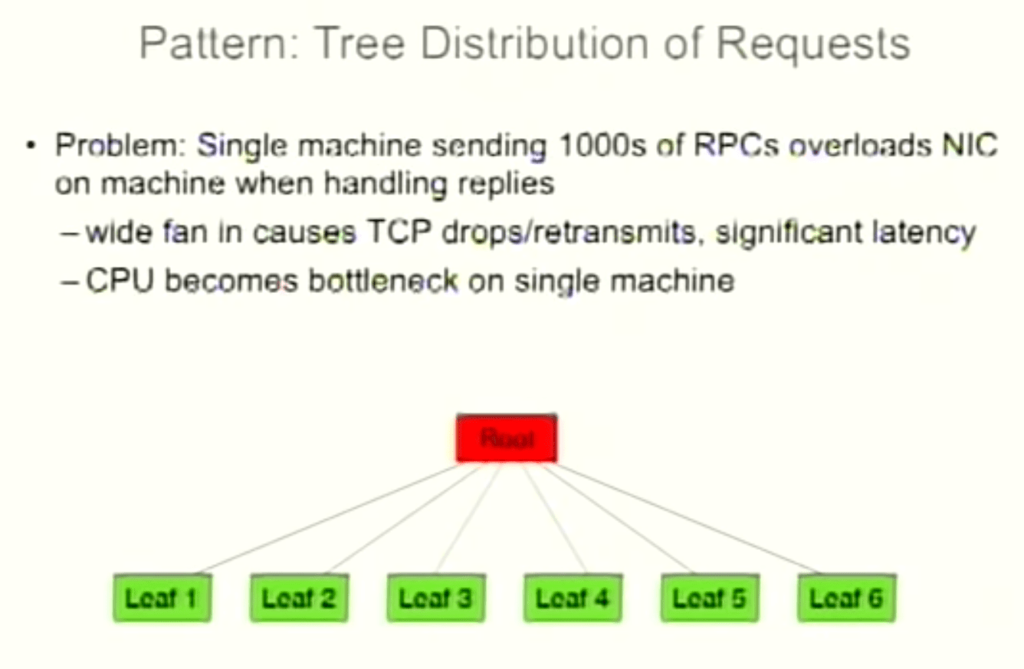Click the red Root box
click(506, 439)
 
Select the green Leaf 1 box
click(162, 598)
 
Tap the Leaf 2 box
click(299, 598)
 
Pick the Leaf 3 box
click(435, 598)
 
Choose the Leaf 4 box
click(573, 598)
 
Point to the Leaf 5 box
click(709, 598)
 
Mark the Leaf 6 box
click(846, 598)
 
